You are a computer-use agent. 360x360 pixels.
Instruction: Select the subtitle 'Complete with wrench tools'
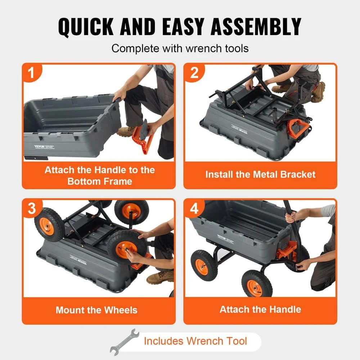(x=180, y=48)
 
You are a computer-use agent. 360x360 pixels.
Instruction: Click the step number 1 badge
(x=32, y=73)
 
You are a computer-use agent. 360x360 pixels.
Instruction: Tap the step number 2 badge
(x=194, y=73)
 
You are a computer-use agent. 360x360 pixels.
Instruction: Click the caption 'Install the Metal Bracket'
(x=260, y=175)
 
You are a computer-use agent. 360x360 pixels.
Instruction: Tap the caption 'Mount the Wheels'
(x=96, y=310)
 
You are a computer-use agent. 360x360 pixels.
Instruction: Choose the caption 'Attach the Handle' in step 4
(x=260, y=309)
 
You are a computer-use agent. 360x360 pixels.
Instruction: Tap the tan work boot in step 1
(x=126, y=131)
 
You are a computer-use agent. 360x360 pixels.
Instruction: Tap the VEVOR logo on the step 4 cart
(x=225, y=238)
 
